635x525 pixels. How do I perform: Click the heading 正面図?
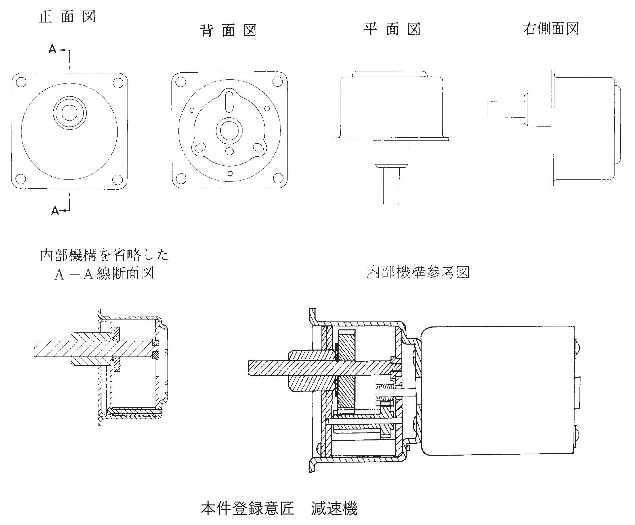tap(67, 17)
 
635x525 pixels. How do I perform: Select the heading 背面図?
tap(228, 31)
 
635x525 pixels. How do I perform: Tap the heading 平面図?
tap(392, 29)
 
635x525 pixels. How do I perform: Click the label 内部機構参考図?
tap(418, 272)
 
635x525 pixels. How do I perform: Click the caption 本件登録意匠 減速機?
tap(279, 508)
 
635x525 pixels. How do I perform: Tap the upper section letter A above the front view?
tap(52, 49)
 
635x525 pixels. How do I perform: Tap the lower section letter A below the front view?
tap(55, 211)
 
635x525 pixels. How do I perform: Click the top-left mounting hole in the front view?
tap(21, 82)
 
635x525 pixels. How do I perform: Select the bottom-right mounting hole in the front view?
tap(118, 179)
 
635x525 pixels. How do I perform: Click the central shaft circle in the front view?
tap(69, 112)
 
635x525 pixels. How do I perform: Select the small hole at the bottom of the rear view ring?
tap(230, 174)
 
